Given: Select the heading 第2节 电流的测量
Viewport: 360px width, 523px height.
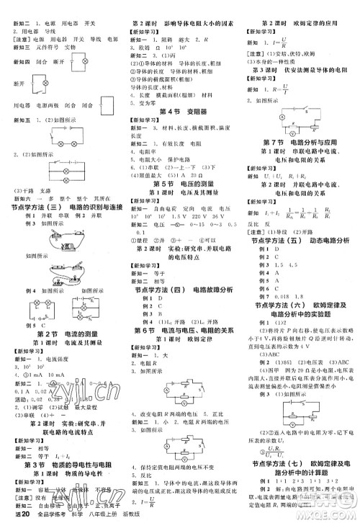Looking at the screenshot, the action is click(60, 336).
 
